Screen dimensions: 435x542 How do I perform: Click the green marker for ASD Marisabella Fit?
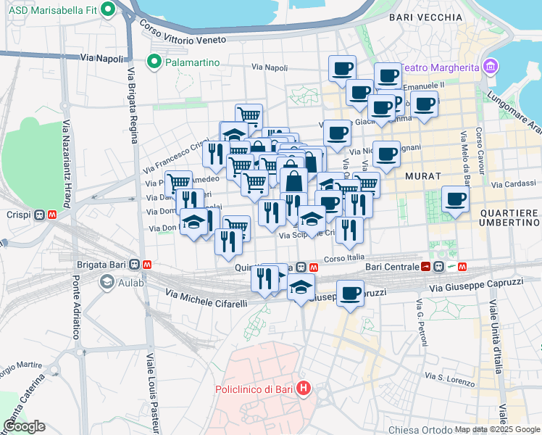[109, 9]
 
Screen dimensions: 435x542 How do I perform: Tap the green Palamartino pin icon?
[154, 62]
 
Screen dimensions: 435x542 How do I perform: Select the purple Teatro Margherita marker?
[491, 67]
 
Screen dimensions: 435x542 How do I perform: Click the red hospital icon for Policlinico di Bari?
[303, 389]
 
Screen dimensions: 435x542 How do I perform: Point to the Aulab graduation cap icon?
[107, 281]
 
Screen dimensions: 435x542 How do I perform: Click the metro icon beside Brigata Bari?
[147, 265]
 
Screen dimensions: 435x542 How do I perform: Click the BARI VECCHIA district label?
[425, 17]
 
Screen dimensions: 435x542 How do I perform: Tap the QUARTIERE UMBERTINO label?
[509, 217]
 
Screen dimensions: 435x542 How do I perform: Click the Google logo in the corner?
[24, 427]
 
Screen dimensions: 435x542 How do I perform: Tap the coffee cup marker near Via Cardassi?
[455, 198]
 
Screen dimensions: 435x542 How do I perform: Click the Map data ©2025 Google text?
[497, 429]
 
